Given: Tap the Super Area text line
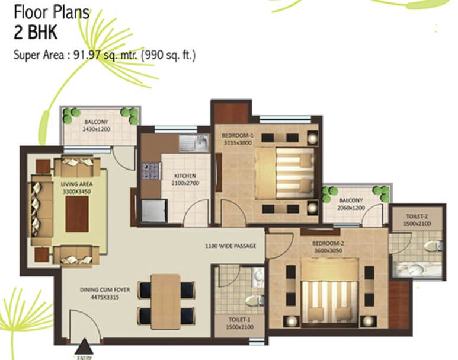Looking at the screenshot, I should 104,56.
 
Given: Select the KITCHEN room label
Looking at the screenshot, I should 184,176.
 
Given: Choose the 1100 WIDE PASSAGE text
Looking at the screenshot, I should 230,246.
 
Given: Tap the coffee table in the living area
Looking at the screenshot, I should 75,214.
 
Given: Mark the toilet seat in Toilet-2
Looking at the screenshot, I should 434,245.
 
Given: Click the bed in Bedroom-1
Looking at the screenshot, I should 283,173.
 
